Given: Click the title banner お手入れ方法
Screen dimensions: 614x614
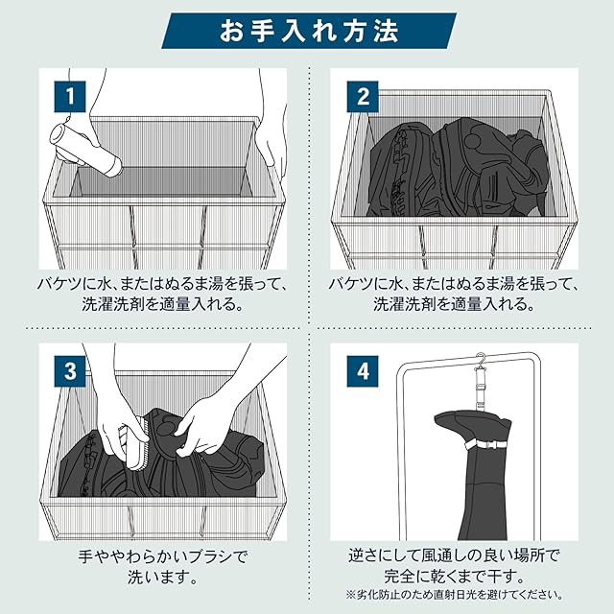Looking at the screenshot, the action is [x=309, y=31].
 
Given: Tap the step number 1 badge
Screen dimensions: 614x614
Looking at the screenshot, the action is [x=70, y=96].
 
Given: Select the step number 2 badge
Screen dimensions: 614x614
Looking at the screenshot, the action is [x=363, y=96].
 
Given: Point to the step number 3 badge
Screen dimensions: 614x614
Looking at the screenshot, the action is [x=70, y=371].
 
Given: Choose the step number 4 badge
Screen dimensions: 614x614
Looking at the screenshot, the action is [x=363, y=371].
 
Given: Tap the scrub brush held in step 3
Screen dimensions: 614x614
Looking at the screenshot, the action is [x=134, y=446].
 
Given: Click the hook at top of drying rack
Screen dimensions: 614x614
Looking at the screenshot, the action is [x=481, y=359].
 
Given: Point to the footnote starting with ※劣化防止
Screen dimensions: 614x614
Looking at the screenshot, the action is [x=454, y=595].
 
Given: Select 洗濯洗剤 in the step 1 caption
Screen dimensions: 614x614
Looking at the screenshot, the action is [x=113, y=304].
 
